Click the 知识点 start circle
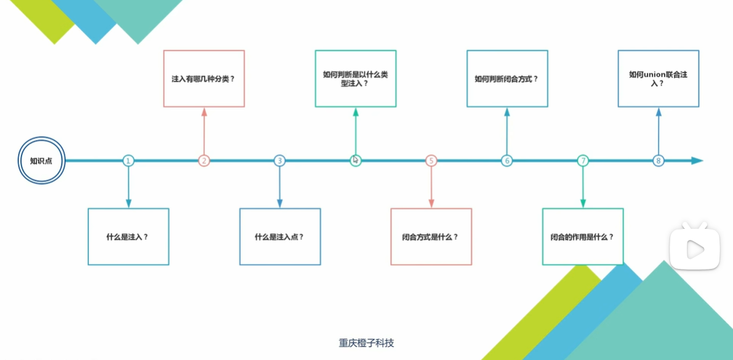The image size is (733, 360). (x=41, y=161)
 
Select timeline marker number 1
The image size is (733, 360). (x=128, y=161)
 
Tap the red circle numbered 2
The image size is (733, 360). (x=204, y=161)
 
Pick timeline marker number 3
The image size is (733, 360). (x=279, y=161)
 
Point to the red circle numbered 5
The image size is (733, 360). (x=431, y=161)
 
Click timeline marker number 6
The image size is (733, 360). (x=507, y=161)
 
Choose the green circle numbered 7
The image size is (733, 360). (x=583, y=161)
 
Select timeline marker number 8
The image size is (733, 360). (x=659, y=161)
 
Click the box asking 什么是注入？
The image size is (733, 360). (x=128, y=237)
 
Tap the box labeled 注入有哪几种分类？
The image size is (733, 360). (x=204, y=79)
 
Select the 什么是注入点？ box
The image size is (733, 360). (x=280, y=237)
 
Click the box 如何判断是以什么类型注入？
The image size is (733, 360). (x=356, y=79)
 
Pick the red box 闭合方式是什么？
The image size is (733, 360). (x=431, y=237)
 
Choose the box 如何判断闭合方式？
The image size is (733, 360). (x=507, y=79)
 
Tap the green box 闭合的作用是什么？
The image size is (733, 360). (x=583, y=237)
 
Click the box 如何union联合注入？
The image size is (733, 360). (x=659, y=79)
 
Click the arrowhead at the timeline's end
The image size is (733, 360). (x=697, y=161)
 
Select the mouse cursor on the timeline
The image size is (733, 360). (x=356, y=160)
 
